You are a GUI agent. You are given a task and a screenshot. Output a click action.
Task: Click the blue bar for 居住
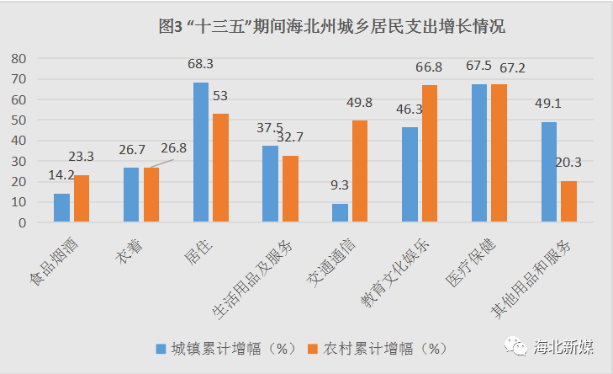click(201, 152)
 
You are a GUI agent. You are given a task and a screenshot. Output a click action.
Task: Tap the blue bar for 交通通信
click(340, 213)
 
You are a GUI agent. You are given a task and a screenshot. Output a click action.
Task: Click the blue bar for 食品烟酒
click(61, 208)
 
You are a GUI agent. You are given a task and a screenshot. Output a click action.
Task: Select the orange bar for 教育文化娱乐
click(430, 153)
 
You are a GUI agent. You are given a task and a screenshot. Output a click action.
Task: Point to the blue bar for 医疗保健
click(479, 153)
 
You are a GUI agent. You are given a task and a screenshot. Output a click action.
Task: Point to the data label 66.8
click(429, 67)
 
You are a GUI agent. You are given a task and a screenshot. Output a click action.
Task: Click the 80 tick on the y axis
click(19, 58)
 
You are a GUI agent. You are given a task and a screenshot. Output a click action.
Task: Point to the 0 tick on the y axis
click(24, 222)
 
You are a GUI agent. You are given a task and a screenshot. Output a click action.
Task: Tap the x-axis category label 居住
click(197, 251)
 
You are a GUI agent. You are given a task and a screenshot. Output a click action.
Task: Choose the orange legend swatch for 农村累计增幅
click(312, 347)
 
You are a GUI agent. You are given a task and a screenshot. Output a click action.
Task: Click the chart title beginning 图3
click(331, 26)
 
